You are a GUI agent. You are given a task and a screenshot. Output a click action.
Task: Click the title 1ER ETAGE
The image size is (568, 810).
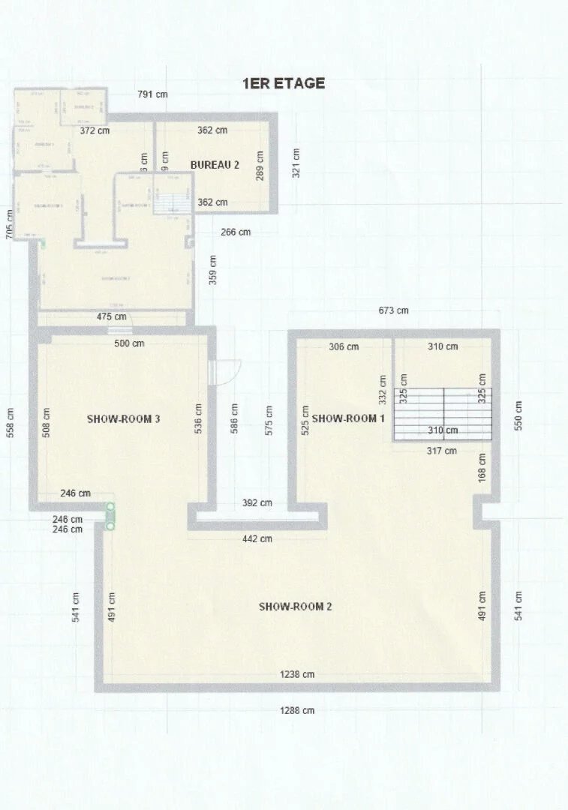point(284,83)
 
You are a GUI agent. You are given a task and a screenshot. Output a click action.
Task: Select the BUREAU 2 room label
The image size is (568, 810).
point(215,165)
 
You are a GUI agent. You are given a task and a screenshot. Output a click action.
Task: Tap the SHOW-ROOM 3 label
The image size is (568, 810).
point(124,418)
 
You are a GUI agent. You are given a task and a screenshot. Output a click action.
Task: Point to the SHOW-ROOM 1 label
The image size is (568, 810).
point(348,418)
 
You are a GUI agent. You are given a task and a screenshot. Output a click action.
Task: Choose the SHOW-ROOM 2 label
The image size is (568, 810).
point(295,606)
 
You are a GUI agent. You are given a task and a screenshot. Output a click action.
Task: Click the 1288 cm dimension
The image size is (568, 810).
point(297,710)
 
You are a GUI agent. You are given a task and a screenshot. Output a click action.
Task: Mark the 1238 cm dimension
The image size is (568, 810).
point(297,674)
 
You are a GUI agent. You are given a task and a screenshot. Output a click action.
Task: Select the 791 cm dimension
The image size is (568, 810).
point(152,94)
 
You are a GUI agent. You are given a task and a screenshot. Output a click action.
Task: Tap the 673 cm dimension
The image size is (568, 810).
point(393,310)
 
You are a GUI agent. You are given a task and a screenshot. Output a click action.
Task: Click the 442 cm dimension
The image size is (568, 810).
point(257,538)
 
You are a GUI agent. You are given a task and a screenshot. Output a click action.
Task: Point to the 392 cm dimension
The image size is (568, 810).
point(257,502)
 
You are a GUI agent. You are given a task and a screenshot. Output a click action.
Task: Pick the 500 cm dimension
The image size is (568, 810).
point(129,343)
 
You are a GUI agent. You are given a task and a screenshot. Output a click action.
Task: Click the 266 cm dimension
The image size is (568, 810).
point(236,232)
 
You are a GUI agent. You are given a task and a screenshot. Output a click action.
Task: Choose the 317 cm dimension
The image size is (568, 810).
point(442,451)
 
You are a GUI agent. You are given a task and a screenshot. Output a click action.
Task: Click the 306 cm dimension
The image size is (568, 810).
point(344,346)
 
